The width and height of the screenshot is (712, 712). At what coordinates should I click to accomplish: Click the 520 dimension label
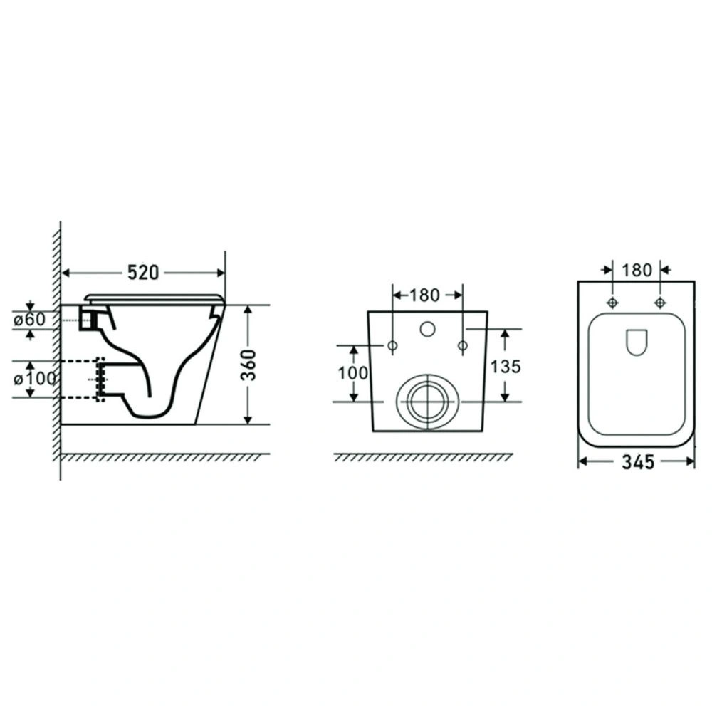pos(143,273)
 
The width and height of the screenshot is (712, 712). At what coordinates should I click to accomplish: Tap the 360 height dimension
pos(248,365)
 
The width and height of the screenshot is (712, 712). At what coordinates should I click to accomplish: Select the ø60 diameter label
pos(29,320)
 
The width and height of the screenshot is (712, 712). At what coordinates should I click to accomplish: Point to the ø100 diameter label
pos(34,378)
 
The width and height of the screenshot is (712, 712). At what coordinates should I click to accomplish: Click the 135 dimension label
pos(506,367)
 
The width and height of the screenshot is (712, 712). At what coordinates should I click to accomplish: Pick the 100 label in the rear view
pos(353,373)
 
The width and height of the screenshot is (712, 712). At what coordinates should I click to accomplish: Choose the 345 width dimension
pos(638,462)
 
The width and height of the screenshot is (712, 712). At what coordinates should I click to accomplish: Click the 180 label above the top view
pos(637,270)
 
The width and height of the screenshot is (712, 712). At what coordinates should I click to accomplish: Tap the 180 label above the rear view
pos(424,295)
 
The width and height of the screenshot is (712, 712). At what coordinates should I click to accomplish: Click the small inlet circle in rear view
pos(427,329)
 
